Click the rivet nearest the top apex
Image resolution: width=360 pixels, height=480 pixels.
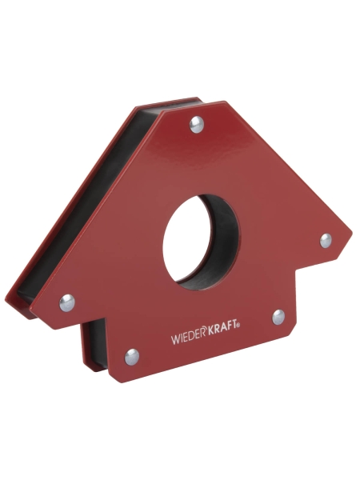(196, 122)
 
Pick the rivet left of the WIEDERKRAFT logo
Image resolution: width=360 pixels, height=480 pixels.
(132, 356)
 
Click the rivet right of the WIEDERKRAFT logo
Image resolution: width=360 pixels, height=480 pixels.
(278, 317)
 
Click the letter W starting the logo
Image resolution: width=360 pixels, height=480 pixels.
(175, 340)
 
